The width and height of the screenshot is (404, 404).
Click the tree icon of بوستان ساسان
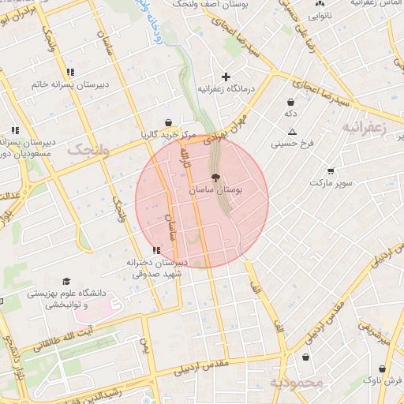(216, 178)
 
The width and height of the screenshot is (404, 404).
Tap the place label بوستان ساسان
(217, 191)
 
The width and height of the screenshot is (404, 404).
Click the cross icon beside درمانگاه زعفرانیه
(226, 77)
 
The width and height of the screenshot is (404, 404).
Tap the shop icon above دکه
(290, 102)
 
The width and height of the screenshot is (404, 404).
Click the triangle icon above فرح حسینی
(292, 132)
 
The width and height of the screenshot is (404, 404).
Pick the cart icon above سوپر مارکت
(330, 170)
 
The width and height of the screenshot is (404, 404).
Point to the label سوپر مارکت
(330, 183)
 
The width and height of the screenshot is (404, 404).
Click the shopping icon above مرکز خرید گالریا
(168, 122)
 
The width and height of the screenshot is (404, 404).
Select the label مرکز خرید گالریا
(168, 133)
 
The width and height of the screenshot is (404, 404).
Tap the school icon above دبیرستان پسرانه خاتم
(72, 72)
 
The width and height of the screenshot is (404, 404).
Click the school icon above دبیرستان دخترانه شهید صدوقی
(155, 250)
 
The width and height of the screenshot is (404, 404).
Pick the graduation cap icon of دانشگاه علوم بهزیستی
(66, 282)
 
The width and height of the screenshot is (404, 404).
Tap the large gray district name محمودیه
(296, 383)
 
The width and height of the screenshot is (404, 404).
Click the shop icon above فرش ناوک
(382, 368)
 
